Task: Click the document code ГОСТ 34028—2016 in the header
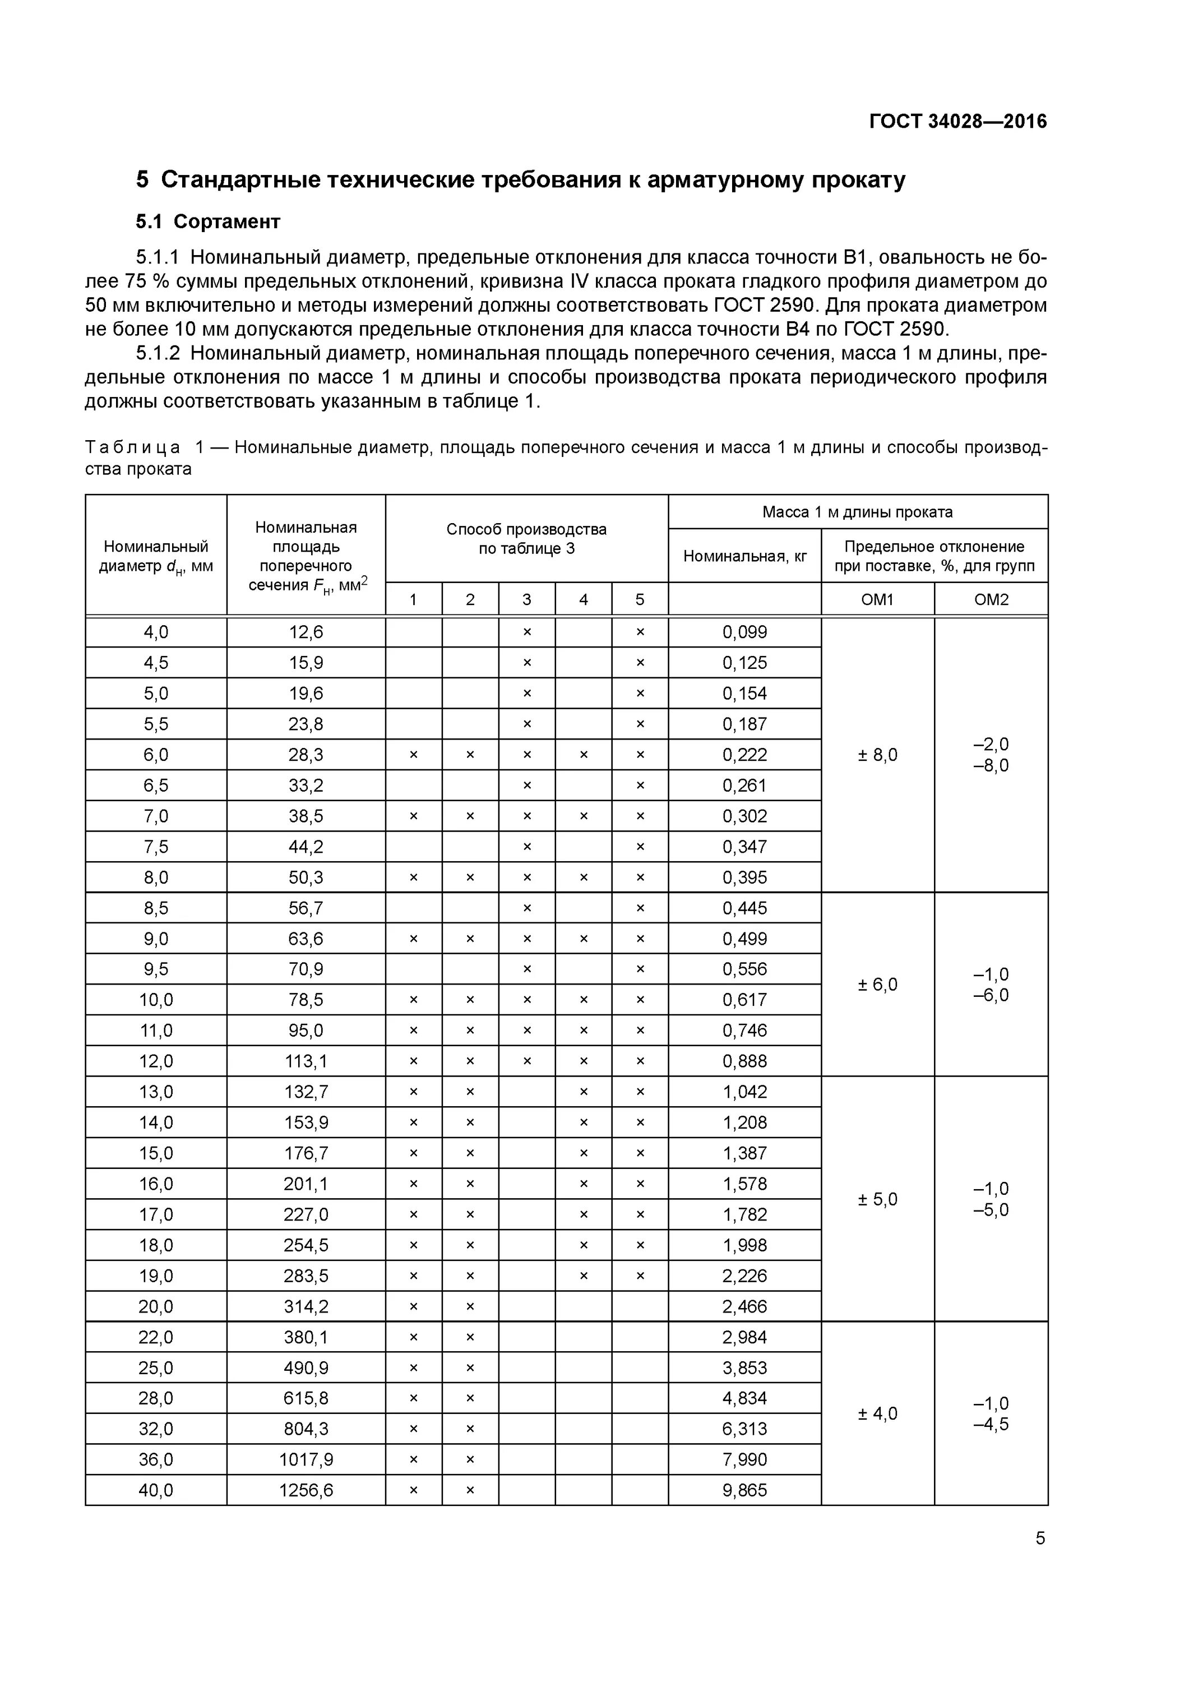pyautogui.click(x=957, y=121)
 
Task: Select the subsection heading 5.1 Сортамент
pyautogui.click(x=208, y=221)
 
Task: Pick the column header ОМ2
pyautogui.click(x=991, y=599)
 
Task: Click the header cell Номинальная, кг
pyautogui.click(x=744, y=556)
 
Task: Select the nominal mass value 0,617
pyautogui.click(x=744, y=1000)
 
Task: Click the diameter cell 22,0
pyautogui.click(x=155, y=1337)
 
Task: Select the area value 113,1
pyautogui.click(x=306, y=1061)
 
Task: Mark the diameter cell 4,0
pyautogui.click(x=155, y=631)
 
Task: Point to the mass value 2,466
pyautogui.click(x=744, y=1306)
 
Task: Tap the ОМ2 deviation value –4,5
pyautogui.click(x=991, y=1424)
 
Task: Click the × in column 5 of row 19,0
pyautogui.click(x=640, y=1276)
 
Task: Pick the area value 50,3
pyautogui.click(x=306, y=877)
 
